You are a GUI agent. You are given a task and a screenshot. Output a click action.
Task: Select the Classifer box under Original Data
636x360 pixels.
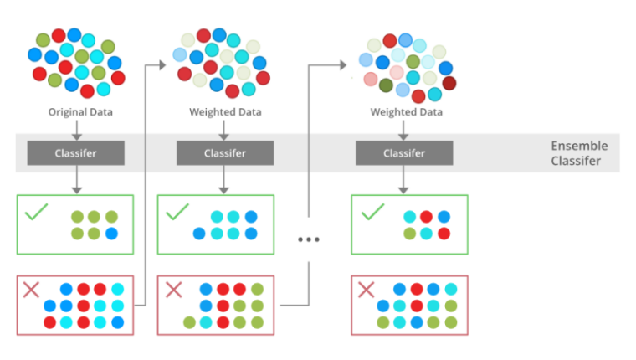point(76,153)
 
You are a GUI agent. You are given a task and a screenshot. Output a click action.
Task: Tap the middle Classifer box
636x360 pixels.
point(224,153)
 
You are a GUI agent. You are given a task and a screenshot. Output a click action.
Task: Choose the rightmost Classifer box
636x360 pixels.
point(404,153)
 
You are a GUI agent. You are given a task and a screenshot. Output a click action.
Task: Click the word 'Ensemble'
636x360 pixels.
point(578,146)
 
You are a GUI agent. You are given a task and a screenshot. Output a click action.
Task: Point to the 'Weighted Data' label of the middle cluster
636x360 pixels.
point(225,112)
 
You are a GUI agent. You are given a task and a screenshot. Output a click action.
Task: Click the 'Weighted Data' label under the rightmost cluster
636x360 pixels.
point(406,112)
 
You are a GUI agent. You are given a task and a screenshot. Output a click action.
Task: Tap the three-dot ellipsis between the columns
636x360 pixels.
point(309,239)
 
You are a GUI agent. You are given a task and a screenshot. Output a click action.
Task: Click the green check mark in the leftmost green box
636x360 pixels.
point(36,213)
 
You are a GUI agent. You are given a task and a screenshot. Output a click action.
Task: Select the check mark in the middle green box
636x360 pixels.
point(177,213)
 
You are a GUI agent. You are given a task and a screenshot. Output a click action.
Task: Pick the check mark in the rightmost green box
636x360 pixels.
point(372,213)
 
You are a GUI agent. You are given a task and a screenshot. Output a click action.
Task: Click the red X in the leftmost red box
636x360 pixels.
point(31,291)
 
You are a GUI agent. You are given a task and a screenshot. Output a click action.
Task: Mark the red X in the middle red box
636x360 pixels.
point(174,291)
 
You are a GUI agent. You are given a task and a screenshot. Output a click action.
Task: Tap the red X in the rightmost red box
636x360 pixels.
point(367,291)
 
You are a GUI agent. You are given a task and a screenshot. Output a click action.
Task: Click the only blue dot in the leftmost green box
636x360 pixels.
point(110,234)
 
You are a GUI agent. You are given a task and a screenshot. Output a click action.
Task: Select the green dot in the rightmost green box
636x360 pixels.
point(409,234)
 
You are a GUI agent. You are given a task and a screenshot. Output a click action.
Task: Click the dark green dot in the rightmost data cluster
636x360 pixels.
point(386,85)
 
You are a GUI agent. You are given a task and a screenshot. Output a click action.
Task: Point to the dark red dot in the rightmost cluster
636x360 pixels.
point(449,83)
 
